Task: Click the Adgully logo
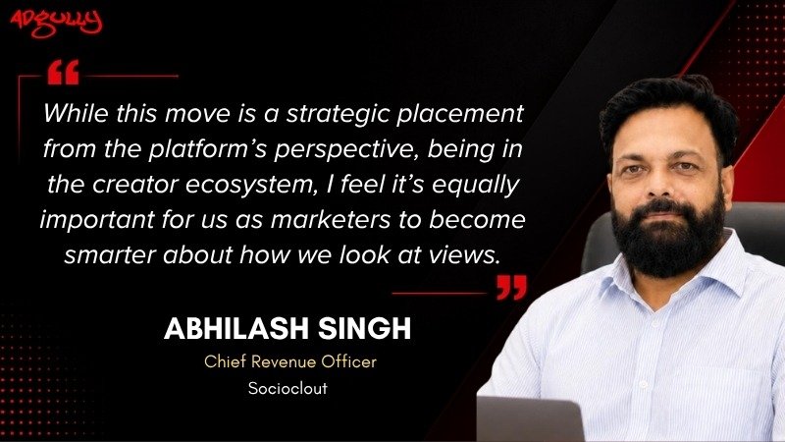coord(56,24)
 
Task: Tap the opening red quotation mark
coord(63,72)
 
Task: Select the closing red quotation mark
coord(511,287)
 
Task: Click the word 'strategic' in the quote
coord(339,115)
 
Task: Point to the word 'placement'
coord(460,115)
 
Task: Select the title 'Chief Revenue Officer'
coord(290,361)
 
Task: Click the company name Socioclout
coord(288,388)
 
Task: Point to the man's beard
coord(668,236)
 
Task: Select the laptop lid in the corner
coord(530,419)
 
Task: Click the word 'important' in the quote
coord(97,220)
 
